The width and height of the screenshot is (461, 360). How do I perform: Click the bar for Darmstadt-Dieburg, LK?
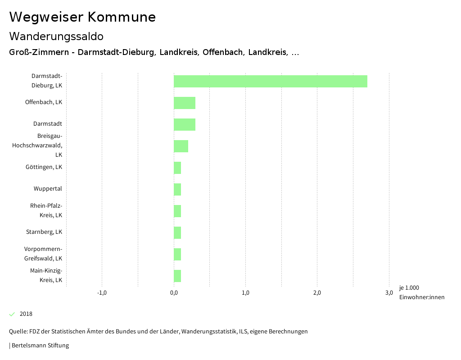point(270,82)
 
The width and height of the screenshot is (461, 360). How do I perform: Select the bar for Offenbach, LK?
point(185,103)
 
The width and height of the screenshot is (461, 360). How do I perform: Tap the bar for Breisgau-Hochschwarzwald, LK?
point(181,146)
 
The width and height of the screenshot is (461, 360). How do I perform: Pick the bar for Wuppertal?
point(177,189)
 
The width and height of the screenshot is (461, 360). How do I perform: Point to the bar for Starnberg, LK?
point(177,232)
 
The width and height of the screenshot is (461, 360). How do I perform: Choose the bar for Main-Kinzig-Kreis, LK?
point(177,276)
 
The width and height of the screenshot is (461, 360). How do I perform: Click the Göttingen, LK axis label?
point(44,167)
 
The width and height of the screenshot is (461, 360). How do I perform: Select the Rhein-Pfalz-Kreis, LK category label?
point(46,210)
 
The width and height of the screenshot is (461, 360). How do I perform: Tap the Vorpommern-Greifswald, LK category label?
point(43,254)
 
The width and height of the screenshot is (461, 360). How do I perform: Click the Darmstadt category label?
point(48,124)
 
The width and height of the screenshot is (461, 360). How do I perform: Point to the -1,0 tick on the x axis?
point(102,293)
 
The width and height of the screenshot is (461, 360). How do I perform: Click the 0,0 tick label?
point(174,293)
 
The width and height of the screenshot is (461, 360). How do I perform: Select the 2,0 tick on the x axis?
point(317,293)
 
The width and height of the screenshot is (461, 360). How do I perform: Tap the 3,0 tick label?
point(389,293)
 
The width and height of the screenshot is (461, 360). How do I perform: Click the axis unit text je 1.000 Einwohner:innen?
point(421,292)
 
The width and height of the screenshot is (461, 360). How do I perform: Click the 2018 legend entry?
point(26,314)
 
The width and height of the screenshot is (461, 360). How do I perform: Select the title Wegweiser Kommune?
point(82,17)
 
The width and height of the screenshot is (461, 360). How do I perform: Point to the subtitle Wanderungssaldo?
point(56,36)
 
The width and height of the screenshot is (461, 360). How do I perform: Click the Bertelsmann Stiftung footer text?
point(40,346)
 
